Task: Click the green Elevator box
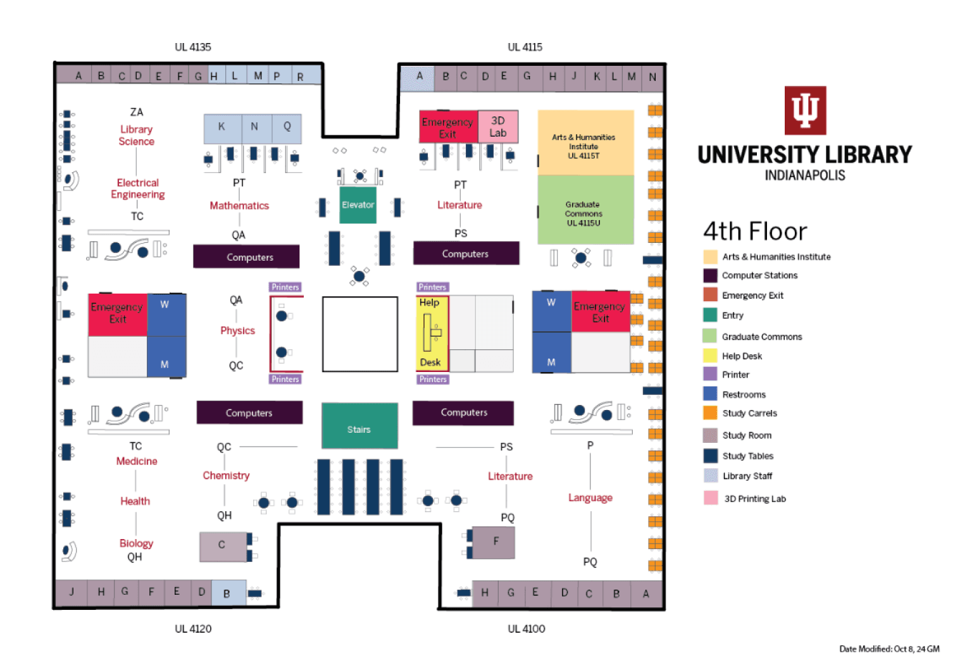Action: coord(358,204)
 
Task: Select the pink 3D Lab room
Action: coord(498,127)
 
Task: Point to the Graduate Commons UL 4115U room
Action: coord(585,209)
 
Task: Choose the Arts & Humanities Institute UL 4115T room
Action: coord(585,143)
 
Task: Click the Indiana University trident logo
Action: coord(805,111)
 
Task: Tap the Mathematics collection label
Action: coord(239,206)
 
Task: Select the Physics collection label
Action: coord(237,330)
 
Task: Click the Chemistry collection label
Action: coord(226,475)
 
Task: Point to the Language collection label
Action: coord(590,497)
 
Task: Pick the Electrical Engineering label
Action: coord(138,189)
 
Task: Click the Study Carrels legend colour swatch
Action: coord(710,413)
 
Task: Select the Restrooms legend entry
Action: coord(744,394)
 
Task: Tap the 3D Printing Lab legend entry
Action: coord(754,499)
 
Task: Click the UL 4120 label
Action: coord(193,628)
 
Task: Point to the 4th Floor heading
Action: coord(755,232)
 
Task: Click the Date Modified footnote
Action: coord(889,649)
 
